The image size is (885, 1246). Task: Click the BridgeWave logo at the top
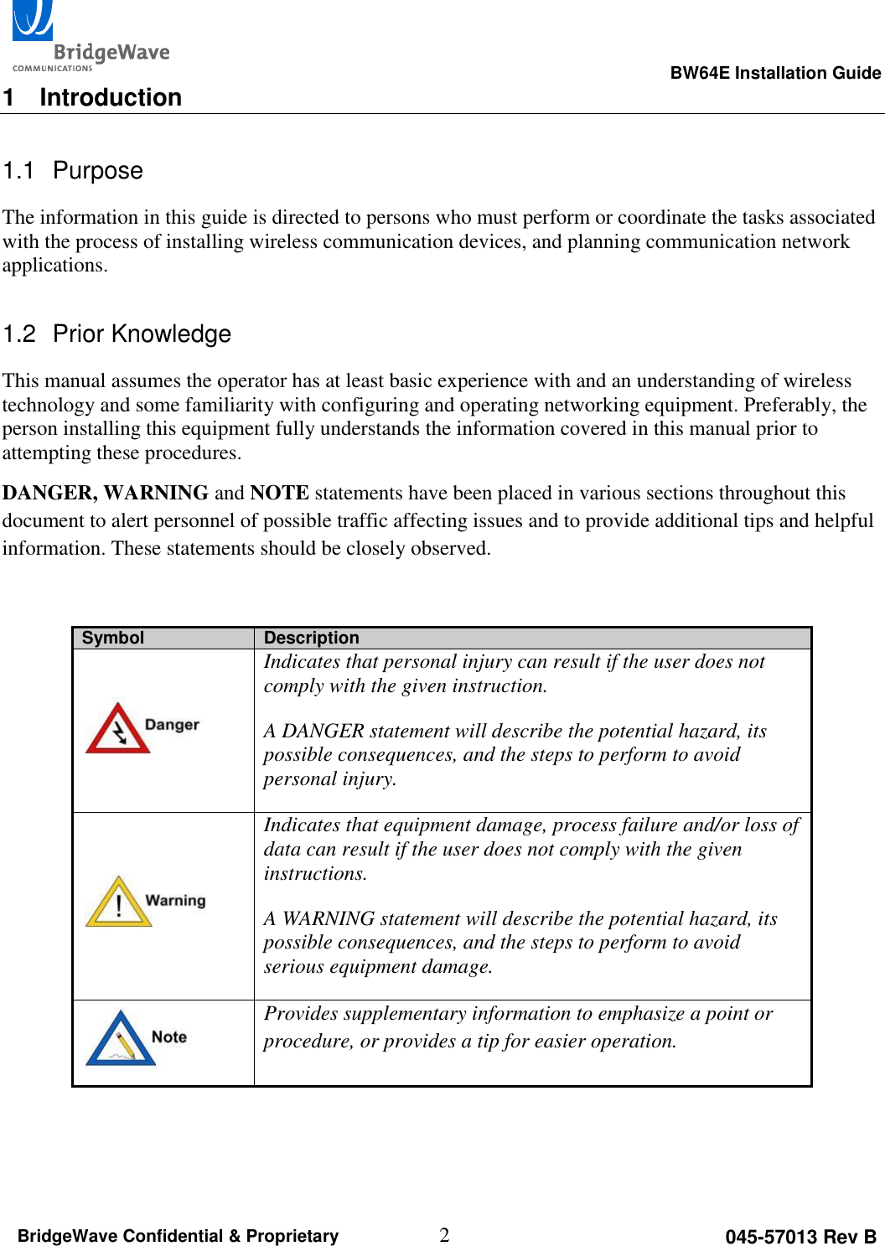click(90, 38)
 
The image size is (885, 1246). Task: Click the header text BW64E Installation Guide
click(774, 73)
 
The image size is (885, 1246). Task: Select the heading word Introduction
click(111, 97)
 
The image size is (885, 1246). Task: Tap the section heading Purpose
click(97, 170)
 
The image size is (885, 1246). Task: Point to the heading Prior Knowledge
click(142, 333)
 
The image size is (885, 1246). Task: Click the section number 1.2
click(19, 333)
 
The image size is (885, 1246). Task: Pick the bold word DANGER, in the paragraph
click(49, 493)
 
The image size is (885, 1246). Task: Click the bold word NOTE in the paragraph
click(279, 493)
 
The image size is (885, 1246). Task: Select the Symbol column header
click(113, 638)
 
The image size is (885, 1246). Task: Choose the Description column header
click(311, 638)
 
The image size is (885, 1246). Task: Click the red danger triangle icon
click(117, 729)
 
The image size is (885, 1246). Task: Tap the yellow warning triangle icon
click(118, 902)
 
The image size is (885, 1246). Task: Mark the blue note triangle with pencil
click(121, 1040)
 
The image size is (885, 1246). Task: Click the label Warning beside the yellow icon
click(175, 901)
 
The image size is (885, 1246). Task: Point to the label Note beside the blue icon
click(169, 1037)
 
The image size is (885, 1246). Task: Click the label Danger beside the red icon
click(172, 725)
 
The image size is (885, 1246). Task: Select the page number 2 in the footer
click(444, 1234)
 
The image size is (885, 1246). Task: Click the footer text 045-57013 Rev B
click(800, 1237)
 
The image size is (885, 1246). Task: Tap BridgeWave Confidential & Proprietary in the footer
click(178, 1236)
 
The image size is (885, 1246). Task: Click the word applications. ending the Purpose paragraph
click(54, 266)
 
